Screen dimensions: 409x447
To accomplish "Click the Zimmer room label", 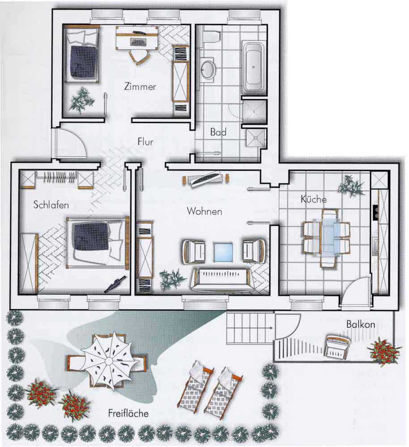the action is [140, 86].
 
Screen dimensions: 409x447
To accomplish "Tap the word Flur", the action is [145, 142].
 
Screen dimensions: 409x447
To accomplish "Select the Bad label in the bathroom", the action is [218, 132].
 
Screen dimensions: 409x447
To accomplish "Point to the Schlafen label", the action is [51, 205].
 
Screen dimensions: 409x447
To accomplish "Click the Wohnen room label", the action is [204, 211].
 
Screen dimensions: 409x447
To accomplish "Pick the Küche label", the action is [313, 199].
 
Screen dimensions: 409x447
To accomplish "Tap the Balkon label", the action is [361, 324].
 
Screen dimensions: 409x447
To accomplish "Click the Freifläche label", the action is [128, 413].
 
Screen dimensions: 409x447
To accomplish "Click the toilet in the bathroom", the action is [212, 36].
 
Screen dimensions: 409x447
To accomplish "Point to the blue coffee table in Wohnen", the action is [223, 252].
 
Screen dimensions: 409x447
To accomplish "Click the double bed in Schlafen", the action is [98, 243].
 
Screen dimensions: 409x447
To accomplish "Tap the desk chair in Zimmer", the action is [139, 57].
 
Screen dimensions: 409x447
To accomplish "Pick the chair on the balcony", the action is [338, 346].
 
